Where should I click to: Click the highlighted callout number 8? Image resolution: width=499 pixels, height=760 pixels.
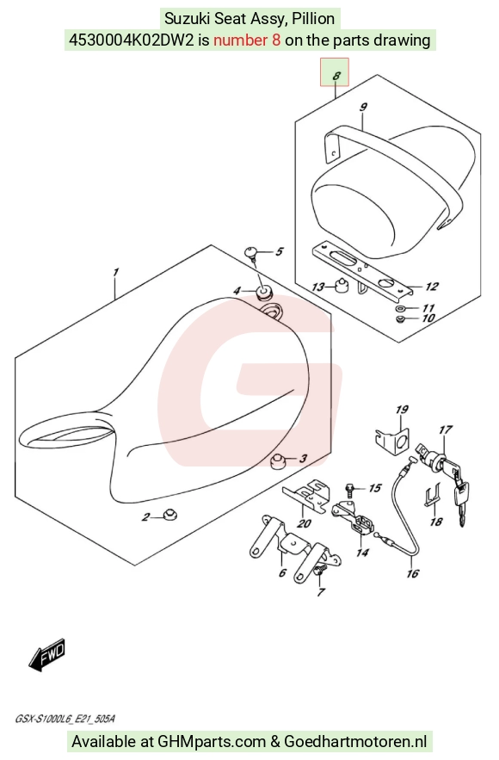pyautogui.click(x=336, y=76)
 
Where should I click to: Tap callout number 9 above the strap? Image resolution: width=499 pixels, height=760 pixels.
pyautogui.click(x=363, y=107)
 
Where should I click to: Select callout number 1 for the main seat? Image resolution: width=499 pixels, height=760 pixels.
pyautogui.click(x=115, y=272)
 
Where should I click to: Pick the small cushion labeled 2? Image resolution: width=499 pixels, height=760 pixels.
pyautogui.click(x=169, y=514)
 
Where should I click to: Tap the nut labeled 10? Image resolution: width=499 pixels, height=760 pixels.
pyautogui.click(x=400, y=318)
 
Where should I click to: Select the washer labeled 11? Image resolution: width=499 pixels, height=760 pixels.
pyautogui.click(x=400, y=308)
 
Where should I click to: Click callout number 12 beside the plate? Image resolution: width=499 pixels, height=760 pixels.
pyautogui.click(x=432, y=287)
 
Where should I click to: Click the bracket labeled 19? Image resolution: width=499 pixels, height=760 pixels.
pyautogui.click(x=393, y=440)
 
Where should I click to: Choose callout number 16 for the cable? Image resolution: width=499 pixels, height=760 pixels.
pyautogui.click(x=412, y=573)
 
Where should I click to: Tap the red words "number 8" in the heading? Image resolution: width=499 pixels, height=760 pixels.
pyautogui.click(x=247, y=40)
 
